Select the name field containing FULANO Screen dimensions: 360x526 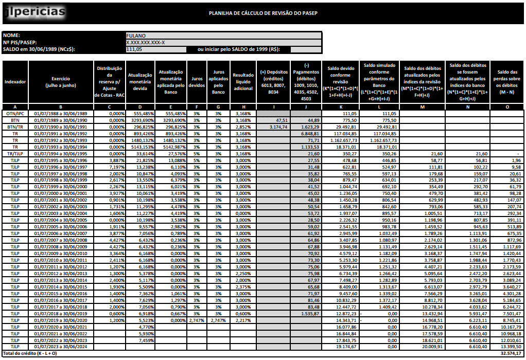[x=223, y=35]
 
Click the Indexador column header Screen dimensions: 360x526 [x=15, y=82]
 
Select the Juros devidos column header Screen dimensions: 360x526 [x=197, y=82]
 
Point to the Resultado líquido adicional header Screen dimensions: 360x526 [x=242, y=82]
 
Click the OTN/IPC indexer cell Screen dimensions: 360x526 [x=15, y=113]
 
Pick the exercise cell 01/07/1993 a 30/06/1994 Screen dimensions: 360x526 [x=61, y=147]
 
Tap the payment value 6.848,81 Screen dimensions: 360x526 [x=310, y=133]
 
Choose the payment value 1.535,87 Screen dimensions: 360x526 [x=310, y=313]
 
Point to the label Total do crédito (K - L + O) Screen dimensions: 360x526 [x=30, y=353]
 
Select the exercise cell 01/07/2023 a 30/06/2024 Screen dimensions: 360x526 [x=61, y=347]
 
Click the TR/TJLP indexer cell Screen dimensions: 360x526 [x=15, y=153]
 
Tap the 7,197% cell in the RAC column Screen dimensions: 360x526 [x=110, y=167]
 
